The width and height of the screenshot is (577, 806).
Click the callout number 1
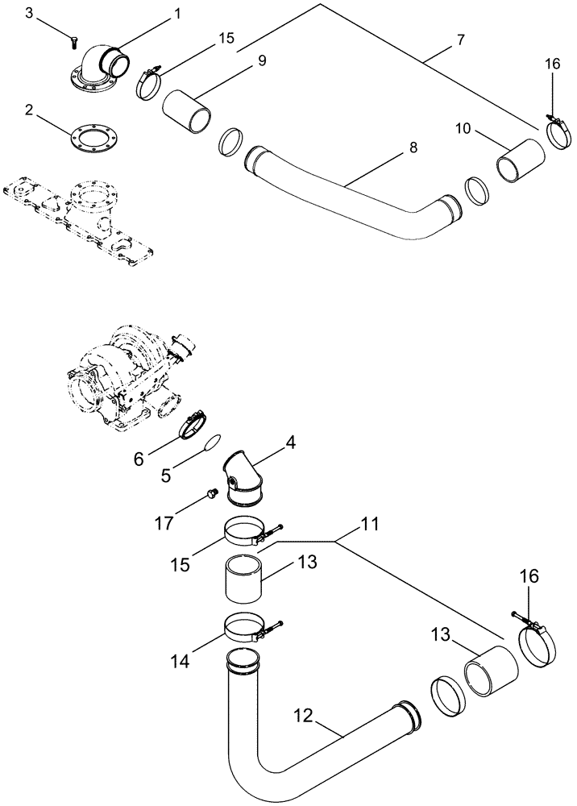coord(177,14)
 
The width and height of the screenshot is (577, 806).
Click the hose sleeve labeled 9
coord(187,110)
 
